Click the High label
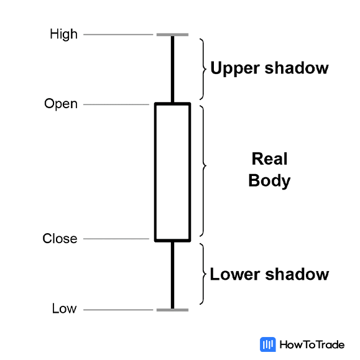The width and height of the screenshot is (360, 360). tap(63, 35)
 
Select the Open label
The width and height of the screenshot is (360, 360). tap(61, 104)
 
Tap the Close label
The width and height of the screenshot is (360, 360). tap(60, 239)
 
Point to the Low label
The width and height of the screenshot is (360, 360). tap(63, 309)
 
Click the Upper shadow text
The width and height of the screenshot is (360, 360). tap(269, 68)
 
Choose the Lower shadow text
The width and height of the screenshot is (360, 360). tap(269, 274)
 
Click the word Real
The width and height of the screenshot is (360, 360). tap(269, 159)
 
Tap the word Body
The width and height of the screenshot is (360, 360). tap(269, 181)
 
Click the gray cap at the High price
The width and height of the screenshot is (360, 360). tap(172, 35)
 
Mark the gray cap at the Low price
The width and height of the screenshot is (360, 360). tap(172, 309)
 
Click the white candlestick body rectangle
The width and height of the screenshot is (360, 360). tap(172, 172)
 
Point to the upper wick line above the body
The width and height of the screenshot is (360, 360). tap(172, 69)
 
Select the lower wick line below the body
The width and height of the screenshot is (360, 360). tap(172, 274)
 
